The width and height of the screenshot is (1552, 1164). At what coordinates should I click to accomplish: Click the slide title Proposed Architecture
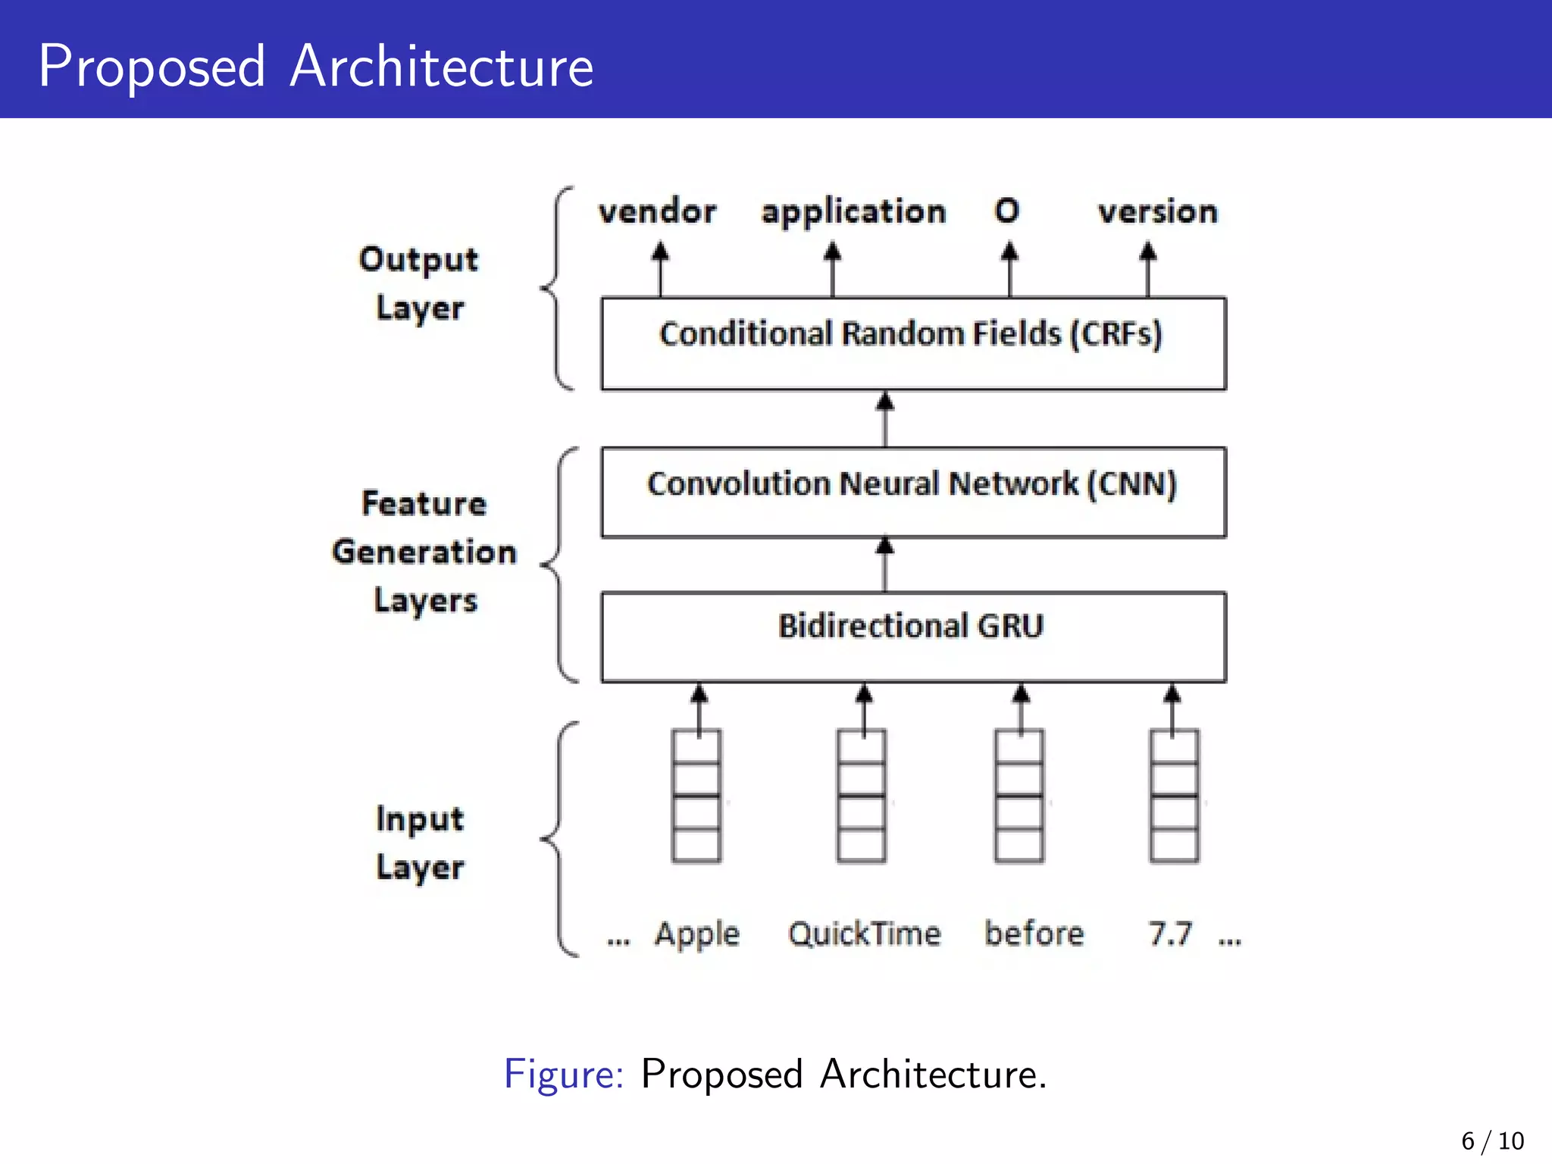(315, 67)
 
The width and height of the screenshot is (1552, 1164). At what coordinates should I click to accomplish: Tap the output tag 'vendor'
(657, 211)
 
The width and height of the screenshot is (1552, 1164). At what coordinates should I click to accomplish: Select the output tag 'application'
(854, 212)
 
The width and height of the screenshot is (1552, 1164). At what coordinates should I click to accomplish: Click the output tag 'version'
(1158, 211)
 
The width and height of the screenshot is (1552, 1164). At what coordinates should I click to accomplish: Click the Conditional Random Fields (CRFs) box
(913, 343)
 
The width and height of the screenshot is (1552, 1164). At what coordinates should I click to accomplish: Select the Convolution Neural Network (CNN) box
(913, 493)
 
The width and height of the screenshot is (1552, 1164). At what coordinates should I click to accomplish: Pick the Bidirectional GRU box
(913, 637)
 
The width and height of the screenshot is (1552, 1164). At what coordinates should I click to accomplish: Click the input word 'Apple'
(697, 934)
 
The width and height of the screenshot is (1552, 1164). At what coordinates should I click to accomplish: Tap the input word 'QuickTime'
(865, 934)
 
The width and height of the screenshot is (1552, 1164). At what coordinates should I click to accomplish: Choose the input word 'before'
(1034, 934)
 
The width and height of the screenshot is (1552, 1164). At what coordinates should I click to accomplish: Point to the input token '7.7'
(1170, 934)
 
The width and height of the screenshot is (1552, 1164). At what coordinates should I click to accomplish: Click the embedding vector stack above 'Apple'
(696, 796)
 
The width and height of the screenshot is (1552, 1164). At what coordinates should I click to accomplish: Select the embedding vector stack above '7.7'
(1174, 796)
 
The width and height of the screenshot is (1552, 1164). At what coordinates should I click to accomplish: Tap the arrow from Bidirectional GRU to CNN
(884, 565)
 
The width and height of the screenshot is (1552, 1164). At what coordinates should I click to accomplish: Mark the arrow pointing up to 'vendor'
(660, 269)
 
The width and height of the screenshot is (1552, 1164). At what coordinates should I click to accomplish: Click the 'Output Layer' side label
(419, 283)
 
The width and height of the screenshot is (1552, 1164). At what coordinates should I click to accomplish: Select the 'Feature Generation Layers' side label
(424, 552)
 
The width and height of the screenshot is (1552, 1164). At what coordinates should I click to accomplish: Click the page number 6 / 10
(1492, 1141)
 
